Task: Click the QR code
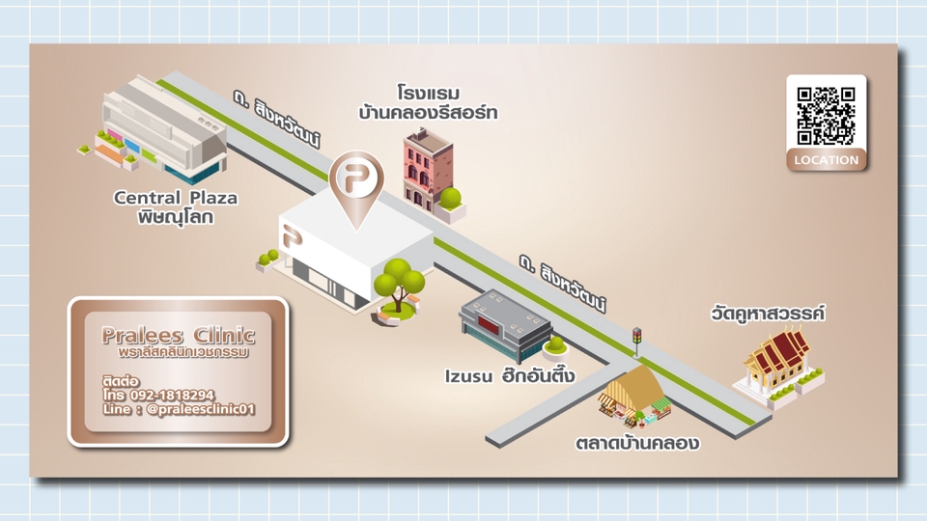pyautogui.click(x=826, y=114)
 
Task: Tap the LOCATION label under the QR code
pyautogui.click(x=826, y=160)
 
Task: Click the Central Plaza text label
pyautogui.click(x=176, y=207)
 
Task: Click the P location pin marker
pyautogui.click(x=356, y=182)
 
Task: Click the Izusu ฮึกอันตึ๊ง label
pyautogui.click(x=511, y=374)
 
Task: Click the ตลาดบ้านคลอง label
pyautogui.click(x=636, y=444)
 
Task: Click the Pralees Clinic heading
pyautogui.click(x=179, y=336)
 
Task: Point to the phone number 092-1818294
pyautogui.click(x=169, y=395)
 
